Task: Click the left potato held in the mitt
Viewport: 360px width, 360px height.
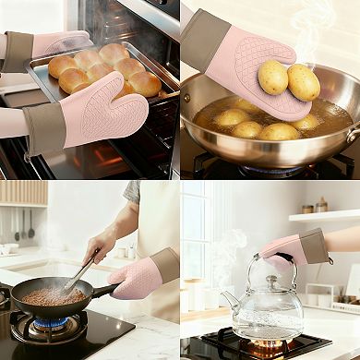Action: point(272,78)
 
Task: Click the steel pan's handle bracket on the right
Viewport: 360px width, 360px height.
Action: point(352,135)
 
